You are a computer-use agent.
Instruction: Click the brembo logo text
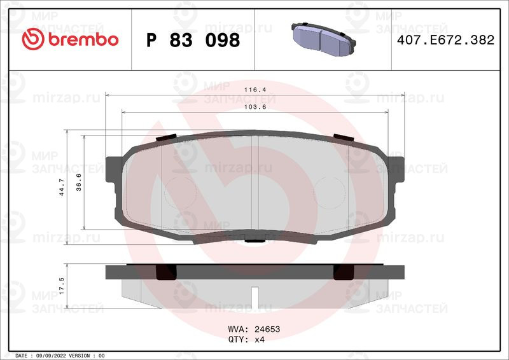pos(83,39)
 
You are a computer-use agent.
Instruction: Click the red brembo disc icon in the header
pos(33,39)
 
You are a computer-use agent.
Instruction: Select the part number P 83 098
pos(193,40)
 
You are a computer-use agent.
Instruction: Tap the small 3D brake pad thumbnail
pos(323,39)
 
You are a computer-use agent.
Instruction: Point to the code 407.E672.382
pos(445,40)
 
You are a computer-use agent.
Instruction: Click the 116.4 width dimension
pos(255,90)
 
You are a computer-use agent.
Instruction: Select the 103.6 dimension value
pos(255,107)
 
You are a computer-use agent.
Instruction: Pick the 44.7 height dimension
pos(61,187)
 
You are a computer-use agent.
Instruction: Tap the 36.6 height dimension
pos(78,182)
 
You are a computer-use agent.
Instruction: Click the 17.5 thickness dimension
pos(61,286)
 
